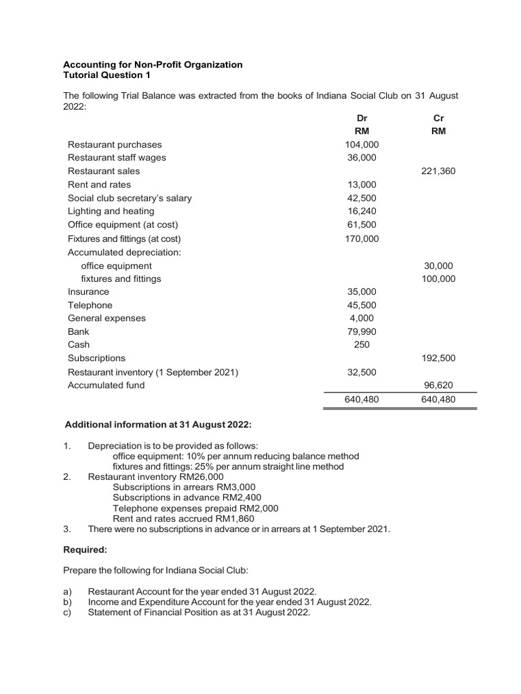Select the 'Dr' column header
click(362, 118)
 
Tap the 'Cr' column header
click(438, 118)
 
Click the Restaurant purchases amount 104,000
click(362, 144)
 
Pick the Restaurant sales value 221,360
click(438, 171)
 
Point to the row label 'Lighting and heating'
click(111, 211)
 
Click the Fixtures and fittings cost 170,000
click(362, 239)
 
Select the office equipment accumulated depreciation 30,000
click(438, 266)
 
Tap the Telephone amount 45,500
click(362, 305)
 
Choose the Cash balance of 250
click(362, 344)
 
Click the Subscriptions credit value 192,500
click(438, 358)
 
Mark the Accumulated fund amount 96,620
click(438, 385)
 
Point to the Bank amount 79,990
click(362, 331)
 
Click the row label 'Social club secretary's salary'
click(130, 198)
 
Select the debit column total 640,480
click(362, 400)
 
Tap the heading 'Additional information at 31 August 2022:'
click(157, 425)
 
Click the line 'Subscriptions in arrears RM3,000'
click(184, 487)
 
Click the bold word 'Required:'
click(85, 550)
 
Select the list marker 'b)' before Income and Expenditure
click(67, 602)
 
